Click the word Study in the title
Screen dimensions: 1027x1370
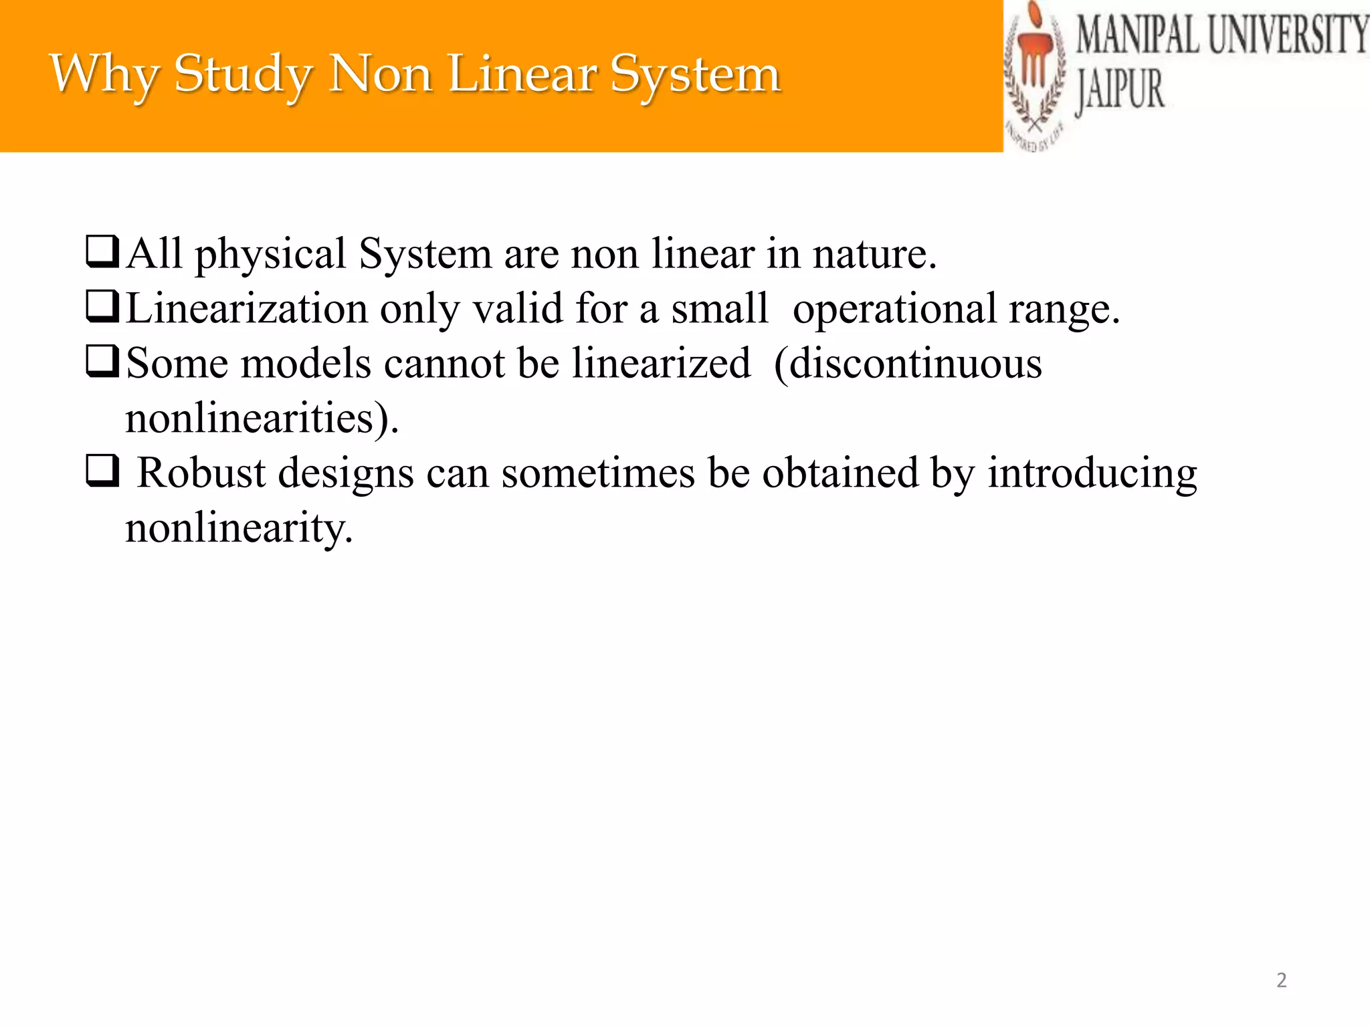(242, 74)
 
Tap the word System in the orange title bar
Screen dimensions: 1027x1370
(696, 74)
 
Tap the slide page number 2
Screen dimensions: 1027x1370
(1281, 980)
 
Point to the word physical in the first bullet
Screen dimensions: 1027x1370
(270, 255)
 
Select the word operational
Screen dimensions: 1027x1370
(895, 310)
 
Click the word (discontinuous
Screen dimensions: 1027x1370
(908, 364)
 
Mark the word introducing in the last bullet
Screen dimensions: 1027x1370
(1092, 474)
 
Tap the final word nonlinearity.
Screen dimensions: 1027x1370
(239, 528)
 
